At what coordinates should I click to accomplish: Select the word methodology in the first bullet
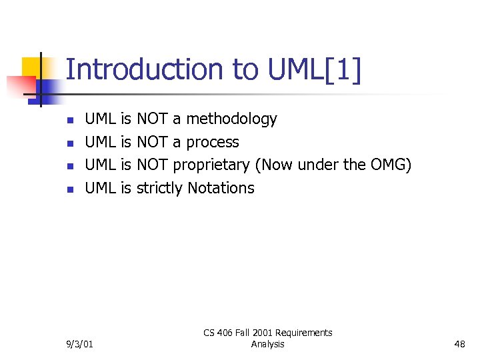231,119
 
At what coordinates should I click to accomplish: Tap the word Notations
221,189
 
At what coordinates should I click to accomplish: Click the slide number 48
459,345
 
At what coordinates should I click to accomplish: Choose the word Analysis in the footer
267,345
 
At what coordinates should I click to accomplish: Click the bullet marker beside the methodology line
69,121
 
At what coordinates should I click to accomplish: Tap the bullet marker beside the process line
69,143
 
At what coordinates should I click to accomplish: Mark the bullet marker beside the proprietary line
69,167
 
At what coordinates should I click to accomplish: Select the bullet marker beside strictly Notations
69,189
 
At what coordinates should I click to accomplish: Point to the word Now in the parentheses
277,165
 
